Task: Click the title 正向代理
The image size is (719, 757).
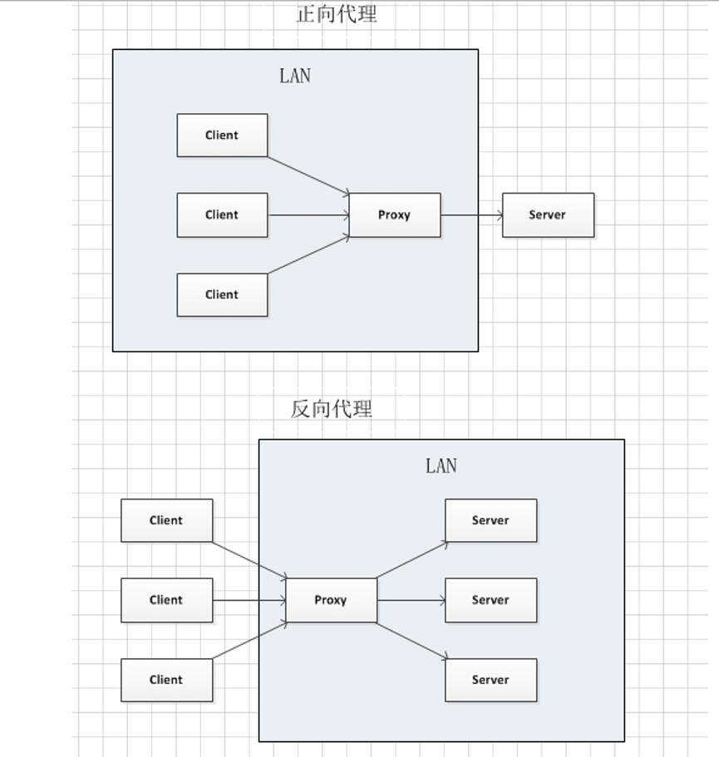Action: point(337,14)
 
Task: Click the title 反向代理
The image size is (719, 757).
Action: point(332,409)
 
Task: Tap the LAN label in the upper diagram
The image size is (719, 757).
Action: point(295,76)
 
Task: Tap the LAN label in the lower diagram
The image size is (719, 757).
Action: point(441,466)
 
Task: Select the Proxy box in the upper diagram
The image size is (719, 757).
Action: point(395,215)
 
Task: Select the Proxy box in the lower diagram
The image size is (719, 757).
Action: point(331,600)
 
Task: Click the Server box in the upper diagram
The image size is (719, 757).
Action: point(548,215)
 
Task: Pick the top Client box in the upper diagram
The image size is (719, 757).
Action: point(222,135)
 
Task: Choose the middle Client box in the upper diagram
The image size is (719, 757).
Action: point(222,215)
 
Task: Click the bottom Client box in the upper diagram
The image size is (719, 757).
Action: point(222,295)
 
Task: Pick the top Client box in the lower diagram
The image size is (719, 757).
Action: point(166,521)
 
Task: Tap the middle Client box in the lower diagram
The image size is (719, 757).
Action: point(166,600)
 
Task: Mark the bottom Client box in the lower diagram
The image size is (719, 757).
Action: point(166,680)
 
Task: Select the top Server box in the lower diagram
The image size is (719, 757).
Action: point(490,521)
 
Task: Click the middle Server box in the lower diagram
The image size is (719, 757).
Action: point(490,600)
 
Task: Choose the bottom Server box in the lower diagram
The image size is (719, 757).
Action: point(490,680)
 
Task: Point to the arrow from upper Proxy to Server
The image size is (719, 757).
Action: point(471,215)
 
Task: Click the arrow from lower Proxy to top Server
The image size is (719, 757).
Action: point(412,560)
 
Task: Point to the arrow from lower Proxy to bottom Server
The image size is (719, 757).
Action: point(412,641)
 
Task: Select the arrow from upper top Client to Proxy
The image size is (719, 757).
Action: point(308,175)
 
